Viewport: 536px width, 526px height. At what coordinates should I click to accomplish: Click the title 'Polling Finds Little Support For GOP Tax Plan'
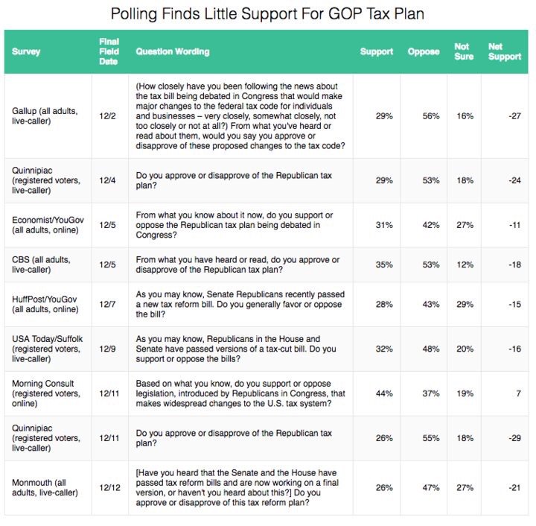pos(268,14)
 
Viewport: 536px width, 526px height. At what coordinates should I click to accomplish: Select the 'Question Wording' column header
pos(172,52)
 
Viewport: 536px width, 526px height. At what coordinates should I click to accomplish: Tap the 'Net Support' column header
pos(504,52)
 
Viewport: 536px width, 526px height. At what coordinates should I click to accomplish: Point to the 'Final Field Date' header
pos(109,52)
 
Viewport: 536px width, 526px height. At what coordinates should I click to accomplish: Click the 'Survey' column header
pos(26,52)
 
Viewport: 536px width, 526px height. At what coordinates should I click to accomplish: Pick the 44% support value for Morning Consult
pos(384,393)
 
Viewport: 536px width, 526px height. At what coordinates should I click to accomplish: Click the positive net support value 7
pos(518,393)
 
